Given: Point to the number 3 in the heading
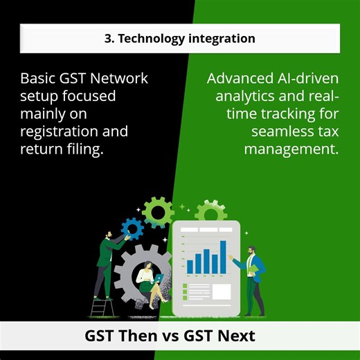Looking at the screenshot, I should coord(109,39).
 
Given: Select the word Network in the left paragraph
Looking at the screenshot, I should coord(123,78).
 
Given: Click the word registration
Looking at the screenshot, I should coord(63,131).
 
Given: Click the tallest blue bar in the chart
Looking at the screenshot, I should coord(223,256).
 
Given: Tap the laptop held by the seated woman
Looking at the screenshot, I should coord(159,280).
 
